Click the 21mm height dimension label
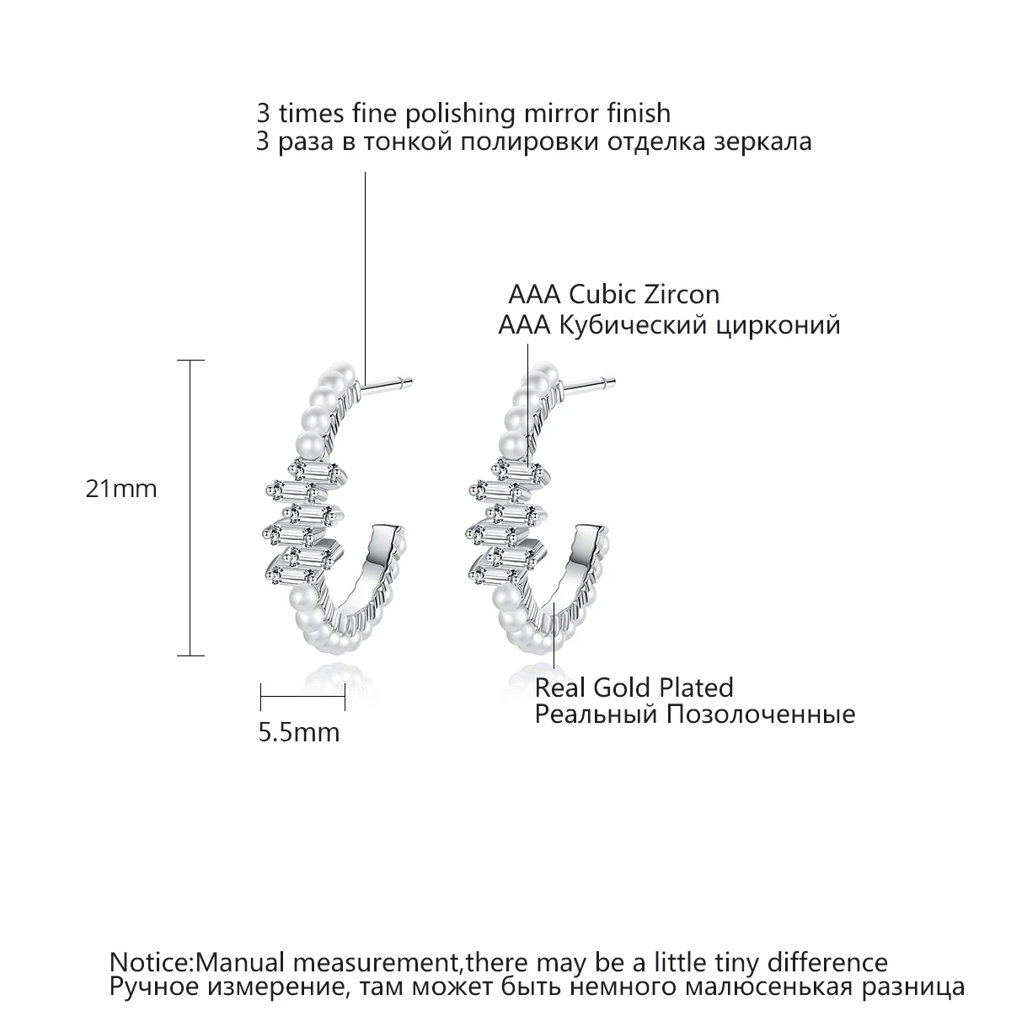(x=121, y=489)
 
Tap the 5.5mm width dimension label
(x=298, y=732)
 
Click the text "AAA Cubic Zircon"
(x=613, y=295)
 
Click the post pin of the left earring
(x=387, y=386)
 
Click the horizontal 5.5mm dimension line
(x=303, y=697)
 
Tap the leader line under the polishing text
(x=365, y=270)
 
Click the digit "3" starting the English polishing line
(x=263, y=113)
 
